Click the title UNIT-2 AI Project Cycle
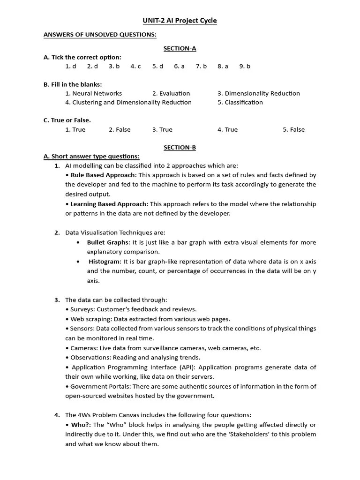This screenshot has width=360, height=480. click(180, 21)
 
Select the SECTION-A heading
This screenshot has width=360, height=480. click(180, 48)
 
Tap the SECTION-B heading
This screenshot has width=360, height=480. click(180, 147)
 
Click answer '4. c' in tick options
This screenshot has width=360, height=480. click(135, 66)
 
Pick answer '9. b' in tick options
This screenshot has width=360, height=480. click(245, 66)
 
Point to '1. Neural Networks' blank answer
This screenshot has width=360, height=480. click(93, 93)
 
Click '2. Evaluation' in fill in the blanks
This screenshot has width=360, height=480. click(171, 93)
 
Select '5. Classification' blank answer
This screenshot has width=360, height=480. click(240, 102)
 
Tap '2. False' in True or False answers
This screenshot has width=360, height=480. click(120, 129)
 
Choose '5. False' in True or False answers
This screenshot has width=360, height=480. click(293, 129)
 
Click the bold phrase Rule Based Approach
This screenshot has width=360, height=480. click(103, 175)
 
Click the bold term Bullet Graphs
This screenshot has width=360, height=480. click(107, 242)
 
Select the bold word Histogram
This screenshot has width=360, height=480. click(105, 261)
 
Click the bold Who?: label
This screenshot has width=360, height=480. click(81, 425)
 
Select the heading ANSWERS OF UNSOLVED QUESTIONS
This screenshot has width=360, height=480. click(100, 35)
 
